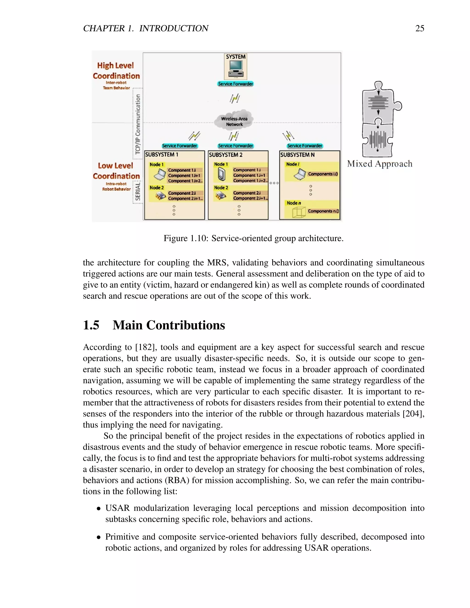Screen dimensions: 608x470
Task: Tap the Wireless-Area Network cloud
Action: point(234,121)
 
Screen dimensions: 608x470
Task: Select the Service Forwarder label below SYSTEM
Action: point(235,84)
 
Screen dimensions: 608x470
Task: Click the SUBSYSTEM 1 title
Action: point(162,154)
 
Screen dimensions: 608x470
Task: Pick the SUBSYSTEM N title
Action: point(297,155)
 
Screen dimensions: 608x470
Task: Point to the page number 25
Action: point(420,28)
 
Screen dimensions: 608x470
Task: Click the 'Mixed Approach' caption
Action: point(380,164)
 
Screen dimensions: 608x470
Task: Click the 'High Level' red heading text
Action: point(115,65)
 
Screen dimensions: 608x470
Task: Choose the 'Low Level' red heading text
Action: point(115,166)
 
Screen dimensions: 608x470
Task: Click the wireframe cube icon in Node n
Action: point(299,212)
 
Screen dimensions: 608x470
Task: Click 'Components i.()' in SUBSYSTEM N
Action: point(323,174)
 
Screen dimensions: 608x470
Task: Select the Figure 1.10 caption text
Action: point(253,238)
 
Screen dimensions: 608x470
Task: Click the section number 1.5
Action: point(91,325)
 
